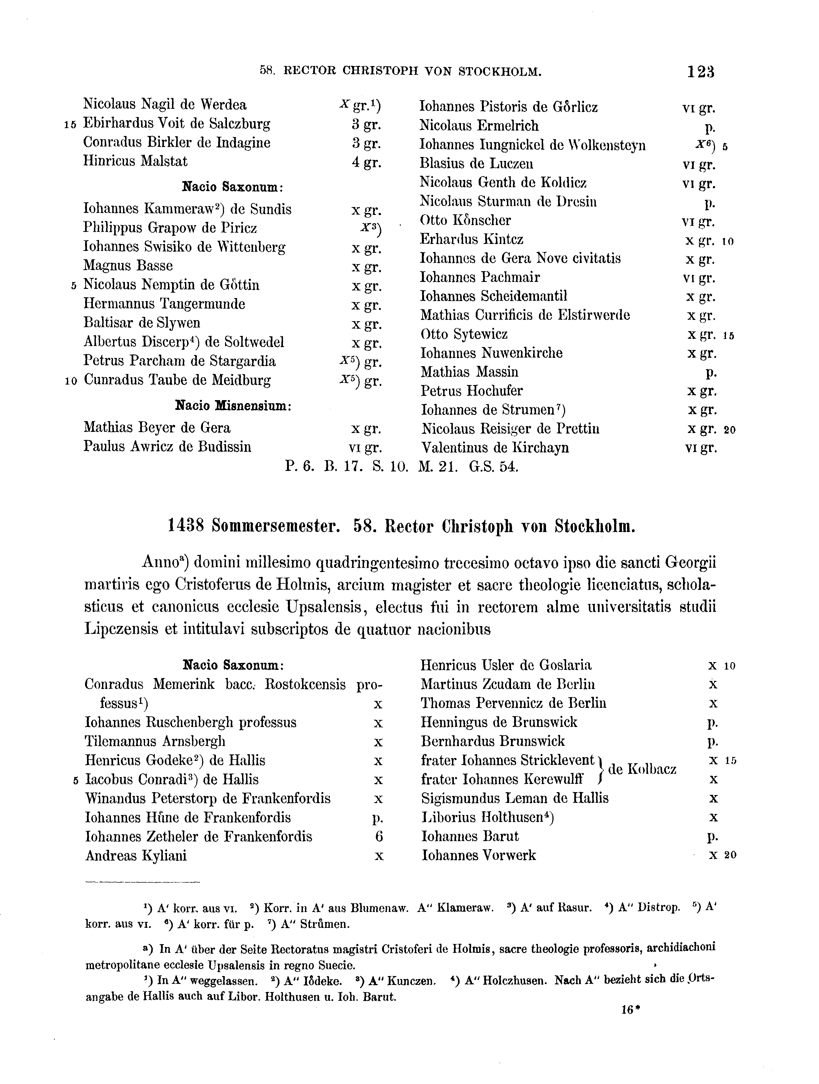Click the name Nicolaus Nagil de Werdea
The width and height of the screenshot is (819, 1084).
(x=165, y=104)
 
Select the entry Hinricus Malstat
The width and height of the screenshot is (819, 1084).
(x=135, y=161)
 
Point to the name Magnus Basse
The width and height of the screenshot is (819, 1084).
(x=128, y=265)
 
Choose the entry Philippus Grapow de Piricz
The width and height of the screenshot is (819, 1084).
(x=170, y=228)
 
